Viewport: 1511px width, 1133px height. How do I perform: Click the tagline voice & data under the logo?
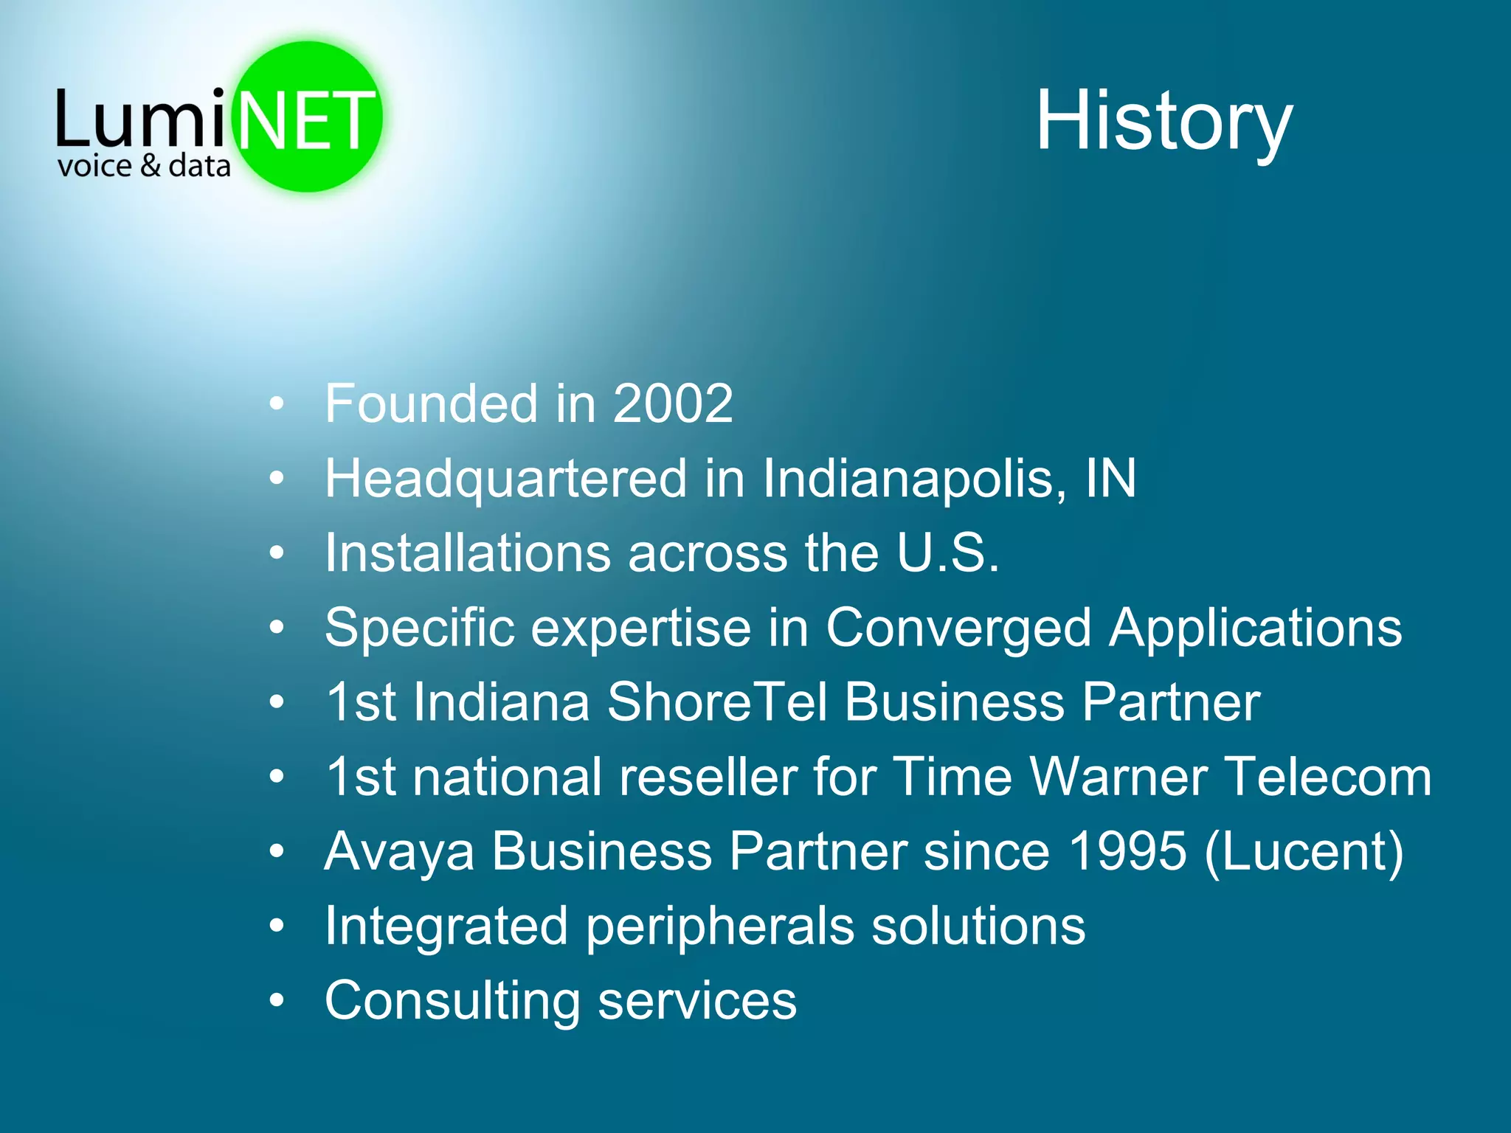[144, 167]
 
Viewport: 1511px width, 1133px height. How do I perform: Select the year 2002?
[673, 404]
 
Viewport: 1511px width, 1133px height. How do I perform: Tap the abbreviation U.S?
[948, 553]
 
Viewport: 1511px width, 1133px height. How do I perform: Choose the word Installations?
[468, 553]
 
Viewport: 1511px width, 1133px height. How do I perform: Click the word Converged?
[958, 628]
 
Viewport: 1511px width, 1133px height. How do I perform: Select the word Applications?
[1255, 628]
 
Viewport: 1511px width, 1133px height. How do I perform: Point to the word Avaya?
[398, 853]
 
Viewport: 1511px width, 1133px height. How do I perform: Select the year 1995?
[1127, 852]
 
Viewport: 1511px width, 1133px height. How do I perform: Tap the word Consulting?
[452, 1002]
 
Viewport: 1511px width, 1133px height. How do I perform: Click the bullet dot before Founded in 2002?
[277, 404]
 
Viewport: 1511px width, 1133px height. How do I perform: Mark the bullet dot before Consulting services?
[277, 1001]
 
